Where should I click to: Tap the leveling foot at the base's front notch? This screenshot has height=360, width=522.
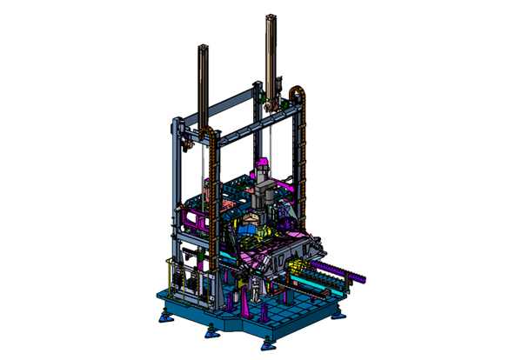pyautogui.click(x=210, y=330)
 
